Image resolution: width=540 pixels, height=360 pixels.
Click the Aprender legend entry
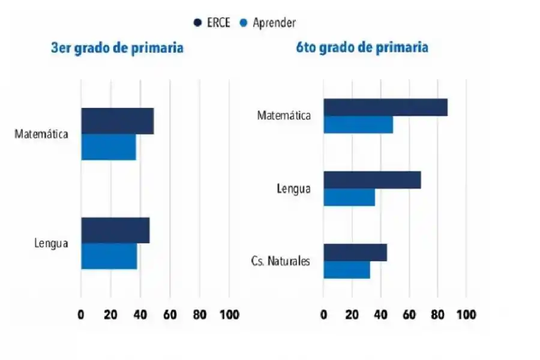point(268,23)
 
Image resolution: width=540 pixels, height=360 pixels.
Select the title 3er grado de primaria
point(117,48)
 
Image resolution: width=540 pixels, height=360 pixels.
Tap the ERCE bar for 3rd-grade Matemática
point(118,121)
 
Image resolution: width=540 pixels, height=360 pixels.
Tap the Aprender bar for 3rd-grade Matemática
point(109,147)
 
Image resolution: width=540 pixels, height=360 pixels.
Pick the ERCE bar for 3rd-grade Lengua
point(115,230)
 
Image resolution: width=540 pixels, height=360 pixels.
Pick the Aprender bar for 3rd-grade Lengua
point(109,256)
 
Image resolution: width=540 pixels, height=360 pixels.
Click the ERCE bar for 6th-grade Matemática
point(385,107)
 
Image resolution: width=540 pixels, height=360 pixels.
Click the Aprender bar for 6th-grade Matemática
point(358,124)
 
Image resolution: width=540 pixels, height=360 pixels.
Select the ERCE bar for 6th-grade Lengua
point(372,180)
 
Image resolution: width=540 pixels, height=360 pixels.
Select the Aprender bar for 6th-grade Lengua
point(349,197)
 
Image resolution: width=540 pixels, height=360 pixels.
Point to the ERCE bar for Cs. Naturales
point(355,253)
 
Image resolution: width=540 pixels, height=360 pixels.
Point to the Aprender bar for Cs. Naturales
point(347,270)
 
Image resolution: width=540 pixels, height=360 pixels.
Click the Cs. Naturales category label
point(280,261)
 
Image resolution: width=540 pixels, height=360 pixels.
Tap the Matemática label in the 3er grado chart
point(41,134)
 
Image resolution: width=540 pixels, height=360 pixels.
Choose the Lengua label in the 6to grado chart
point(293,188)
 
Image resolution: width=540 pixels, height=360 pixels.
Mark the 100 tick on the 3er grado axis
point(229,315)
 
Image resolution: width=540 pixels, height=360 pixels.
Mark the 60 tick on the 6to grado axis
point(409,315)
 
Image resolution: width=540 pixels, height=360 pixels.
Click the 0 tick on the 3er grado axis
point(81,315)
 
